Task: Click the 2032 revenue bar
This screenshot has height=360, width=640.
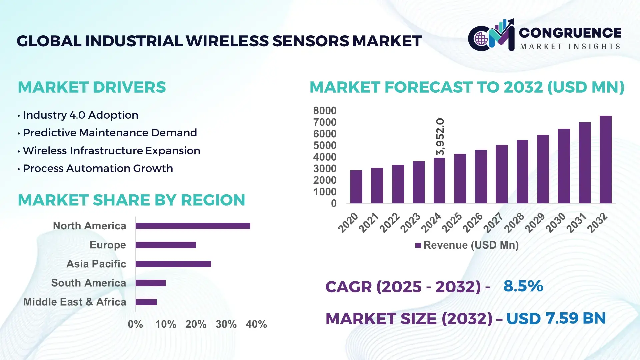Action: pos(605,160)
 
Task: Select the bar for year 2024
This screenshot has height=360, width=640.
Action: pos(439,181)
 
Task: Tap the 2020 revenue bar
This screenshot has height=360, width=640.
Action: pos(356,187)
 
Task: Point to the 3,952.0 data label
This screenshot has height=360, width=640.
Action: pos(440,137)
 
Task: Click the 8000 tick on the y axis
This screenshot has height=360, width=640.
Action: pos(325,111)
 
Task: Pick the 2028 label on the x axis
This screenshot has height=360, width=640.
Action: pos(514,223)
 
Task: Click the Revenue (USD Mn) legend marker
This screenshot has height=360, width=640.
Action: pos(418,246)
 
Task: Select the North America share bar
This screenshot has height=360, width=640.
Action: pos(193,226)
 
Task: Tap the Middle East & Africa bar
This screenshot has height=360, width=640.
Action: pos(146,302)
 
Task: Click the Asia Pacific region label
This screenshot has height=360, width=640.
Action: pos(96,264)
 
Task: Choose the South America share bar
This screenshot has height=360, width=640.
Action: pos(150,283)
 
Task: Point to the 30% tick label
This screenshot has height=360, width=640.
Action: pos(226,324)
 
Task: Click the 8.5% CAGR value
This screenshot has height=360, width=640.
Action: pos(523,286)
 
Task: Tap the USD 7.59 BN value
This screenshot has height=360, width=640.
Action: pos(556,318)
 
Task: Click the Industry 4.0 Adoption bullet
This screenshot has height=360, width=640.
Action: pos(80,115)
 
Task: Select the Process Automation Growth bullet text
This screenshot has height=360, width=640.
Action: pos(98,168)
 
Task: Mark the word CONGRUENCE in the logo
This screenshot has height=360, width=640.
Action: pos(570,33)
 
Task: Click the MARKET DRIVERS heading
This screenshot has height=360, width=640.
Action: pos(92,87)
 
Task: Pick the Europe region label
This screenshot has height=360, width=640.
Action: pos(108,245)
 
